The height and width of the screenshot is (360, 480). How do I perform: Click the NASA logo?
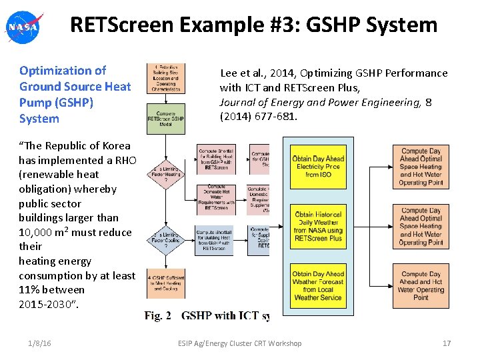[23, 27]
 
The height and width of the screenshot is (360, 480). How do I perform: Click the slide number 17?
[447, 343]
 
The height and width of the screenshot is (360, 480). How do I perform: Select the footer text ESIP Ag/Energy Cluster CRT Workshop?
[239, 343]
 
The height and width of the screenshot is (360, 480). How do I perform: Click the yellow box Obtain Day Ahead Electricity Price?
[318, 167]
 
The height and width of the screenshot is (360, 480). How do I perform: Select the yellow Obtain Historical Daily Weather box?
[318, 226]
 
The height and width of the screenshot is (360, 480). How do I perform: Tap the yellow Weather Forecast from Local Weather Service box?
[318, 285]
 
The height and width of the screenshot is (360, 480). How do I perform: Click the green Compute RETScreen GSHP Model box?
[166, 119]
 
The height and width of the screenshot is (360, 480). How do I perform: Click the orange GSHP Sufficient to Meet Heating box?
[166, 283]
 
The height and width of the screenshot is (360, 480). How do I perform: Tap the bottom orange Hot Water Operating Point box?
[421, 285]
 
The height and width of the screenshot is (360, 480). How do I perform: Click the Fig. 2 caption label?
[158, 315]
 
